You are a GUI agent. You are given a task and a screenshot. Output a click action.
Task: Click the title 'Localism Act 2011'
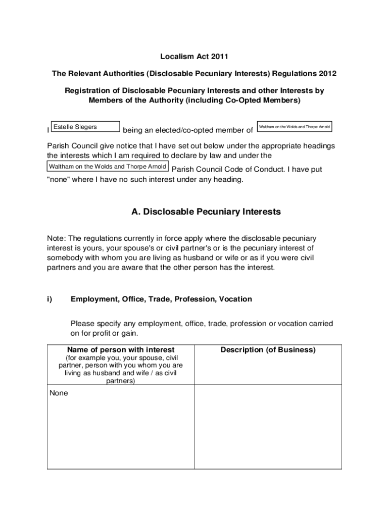click(x=194, y=57)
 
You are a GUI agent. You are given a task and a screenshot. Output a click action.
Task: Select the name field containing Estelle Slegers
click(x=86, y=127)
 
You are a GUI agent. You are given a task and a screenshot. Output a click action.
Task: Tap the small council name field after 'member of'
click(x=295, y=127)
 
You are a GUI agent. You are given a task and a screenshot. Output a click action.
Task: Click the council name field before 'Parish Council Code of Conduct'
click(x=108, y=167)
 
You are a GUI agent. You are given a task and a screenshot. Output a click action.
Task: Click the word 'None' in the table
click(x=59, y=393)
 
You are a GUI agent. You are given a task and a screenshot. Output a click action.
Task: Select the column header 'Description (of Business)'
click(x=268, y=350)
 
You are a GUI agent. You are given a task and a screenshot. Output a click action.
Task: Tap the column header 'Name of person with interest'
click(x=121, y=350)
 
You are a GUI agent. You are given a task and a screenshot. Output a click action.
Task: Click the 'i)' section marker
click(x=50, y=299)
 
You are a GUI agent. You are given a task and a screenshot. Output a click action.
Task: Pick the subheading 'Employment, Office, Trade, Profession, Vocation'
click(x=161, y=299)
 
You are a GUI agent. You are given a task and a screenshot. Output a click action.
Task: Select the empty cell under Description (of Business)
click(x=268, y=427)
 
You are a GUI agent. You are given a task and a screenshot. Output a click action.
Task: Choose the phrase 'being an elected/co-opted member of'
click(x=188, y=130)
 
